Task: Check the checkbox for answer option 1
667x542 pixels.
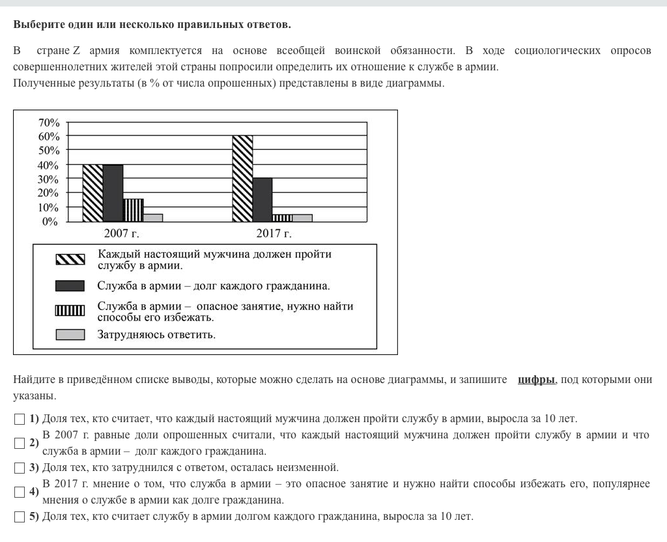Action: pos(19,419)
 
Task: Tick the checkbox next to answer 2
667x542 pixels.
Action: pos(19,443)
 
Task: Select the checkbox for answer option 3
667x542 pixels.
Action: pos(19,468)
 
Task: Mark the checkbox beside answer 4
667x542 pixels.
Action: pos(19,492)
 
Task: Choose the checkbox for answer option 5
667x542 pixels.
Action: pos(19,517)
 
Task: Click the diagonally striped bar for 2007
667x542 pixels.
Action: pos(93,193)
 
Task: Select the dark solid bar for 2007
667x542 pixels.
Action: pos(113,193)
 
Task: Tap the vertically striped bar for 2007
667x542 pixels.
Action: pos(133,210)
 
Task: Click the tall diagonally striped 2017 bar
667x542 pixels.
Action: pos(242,178)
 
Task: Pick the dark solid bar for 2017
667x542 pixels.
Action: pos(263,199)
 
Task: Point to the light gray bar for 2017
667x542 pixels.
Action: pos(302,218)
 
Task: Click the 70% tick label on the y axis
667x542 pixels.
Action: pos(49,122)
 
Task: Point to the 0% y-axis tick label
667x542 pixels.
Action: pos(51,221)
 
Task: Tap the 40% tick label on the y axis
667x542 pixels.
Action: pos(49,165)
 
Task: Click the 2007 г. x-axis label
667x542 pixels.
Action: pos(122,233)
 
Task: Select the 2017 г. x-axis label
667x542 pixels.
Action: pos(274,233)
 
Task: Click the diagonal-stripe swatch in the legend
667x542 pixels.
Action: pos(70,259)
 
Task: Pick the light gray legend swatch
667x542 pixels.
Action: pos(70,335)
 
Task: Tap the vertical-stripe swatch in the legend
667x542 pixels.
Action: pos(70,310)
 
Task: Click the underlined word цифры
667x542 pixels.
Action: pos(536,380)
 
